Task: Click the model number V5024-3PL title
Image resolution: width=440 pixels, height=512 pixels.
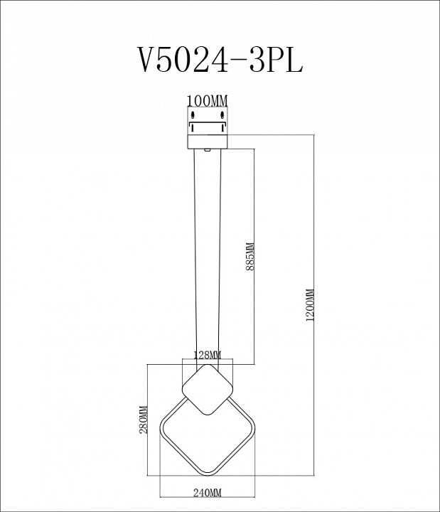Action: click(220, 60)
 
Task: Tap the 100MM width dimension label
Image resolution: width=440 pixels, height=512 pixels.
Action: click(207, 100)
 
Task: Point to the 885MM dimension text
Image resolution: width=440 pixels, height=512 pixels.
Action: click(249, 263)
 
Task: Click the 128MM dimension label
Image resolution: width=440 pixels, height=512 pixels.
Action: click(207, 355)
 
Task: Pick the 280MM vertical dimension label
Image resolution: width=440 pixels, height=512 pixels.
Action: click(143, 420)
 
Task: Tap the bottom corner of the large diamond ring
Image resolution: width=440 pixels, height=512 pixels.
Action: click(208, 474)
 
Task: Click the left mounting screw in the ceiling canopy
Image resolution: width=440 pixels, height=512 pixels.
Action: click(192, 114)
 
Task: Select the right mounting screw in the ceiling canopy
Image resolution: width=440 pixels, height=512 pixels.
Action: click(222, 114)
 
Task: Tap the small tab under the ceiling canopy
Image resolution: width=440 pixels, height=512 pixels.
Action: click(207, 149)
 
